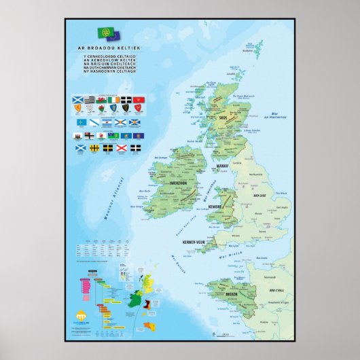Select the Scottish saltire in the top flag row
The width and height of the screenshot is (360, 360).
coord(76,101)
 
